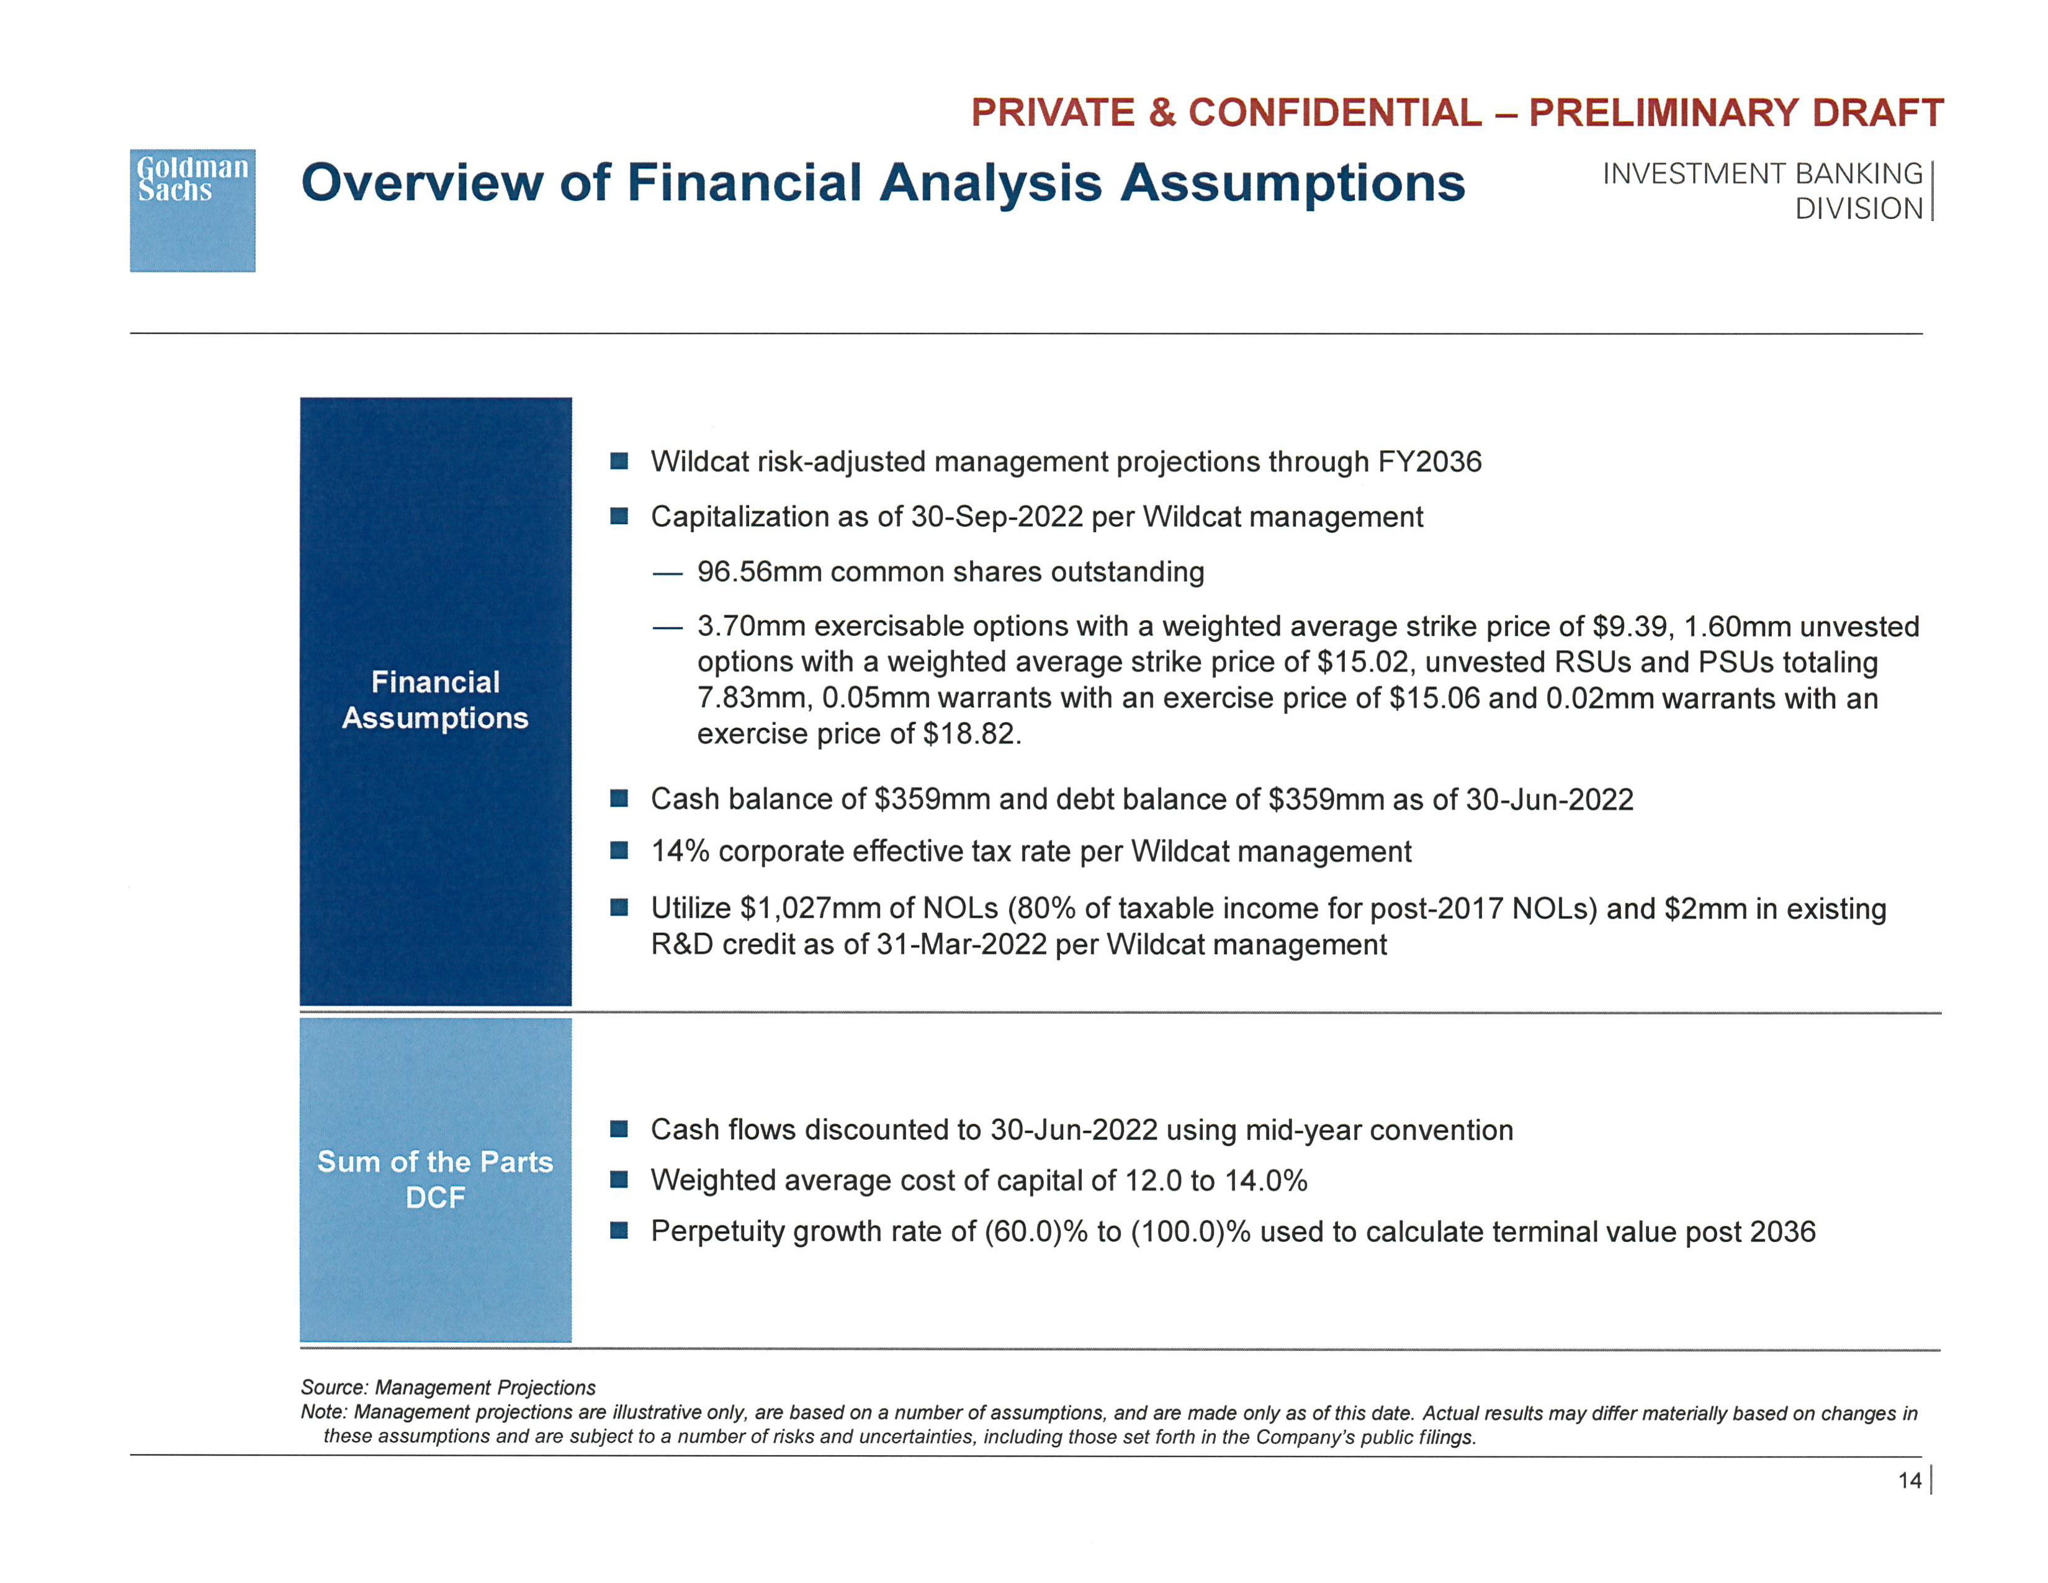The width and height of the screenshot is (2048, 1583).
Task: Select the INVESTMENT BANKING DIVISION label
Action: coord(1763,191)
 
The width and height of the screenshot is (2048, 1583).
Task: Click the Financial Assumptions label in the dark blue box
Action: coord(435,700)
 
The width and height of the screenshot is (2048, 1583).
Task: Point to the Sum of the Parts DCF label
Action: coord(435,1179)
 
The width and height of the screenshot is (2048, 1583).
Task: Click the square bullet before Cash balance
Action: coord(619,798)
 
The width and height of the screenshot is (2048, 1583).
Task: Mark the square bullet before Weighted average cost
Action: coord(619,1179)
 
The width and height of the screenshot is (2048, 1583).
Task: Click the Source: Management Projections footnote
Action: coord(448,1387)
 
